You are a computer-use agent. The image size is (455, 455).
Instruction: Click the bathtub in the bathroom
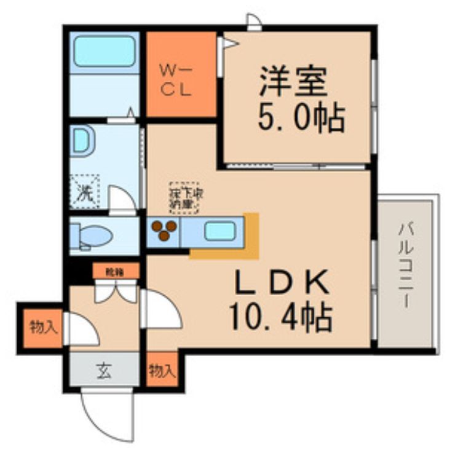click(104, 51)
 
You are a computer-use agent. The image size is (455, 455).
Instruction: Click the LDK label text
click(281, 284)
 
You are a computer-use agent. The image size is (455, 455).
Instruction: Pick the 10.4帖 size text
click(281, 318)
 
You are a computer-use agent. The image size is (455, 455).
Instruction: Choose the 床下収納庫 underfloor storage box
click(184, 197)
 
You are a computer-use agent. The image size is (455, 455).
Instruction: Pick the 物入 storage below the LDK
click(162, 370)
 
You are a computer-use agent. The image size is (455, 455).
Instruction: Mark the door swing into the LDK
click(161, 311)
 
